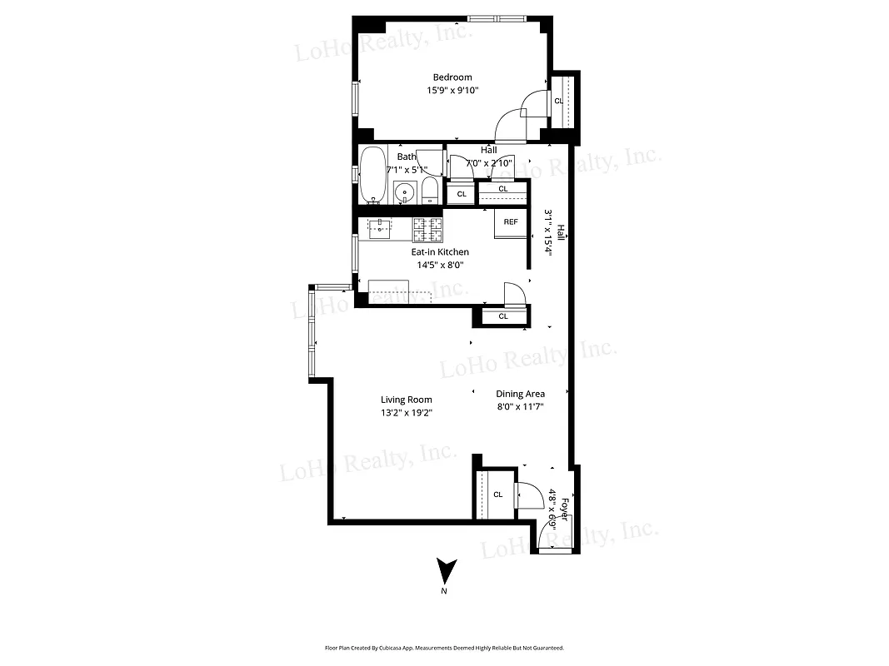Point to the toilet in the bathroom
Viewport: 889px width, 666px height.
(x=430, y=191)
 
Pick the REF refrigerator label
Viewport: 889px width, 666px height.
(x=511, y=222)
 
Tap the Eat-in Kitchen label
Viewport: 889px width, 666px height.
(x=440, y=252)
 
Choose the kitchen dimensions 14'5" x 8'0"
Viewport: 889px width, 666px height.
(x=440, y=266)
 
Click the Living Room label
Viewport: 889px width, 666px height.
(x=407, y=400)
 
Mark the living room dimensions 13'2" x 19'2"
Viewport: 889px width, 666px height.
(x=407, y=413)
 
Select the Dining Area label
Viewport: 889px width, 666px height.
(x=521, y=394)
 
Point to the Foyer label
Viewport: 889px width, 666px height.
(x=564, y=509)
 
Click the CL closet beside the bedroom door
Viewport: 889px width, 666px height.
(x=559, y=101)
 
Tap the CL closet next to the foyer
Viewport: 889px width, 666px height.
(x=498, y=495)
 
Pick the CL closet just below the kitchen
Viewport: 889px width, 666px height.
(x=503, y=316)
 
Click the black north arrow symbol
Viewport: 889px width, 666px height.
(x=447, y=571)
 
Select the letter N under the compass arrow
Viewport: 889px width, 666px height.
(x=444, y=592)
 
